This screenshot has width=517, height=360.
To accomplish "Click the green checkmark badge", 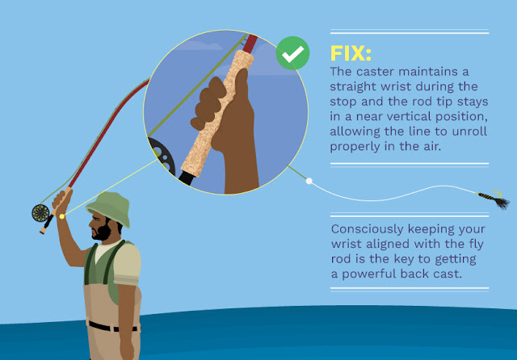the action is click(292, 53).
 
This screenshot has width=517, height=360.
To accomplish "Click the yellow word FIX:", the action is click(351, 53).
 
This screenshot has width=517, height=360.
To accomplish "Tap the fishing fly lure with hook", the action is click(494, 199).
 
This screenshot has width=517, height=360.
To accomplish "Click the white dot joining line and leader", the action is click(309, 181).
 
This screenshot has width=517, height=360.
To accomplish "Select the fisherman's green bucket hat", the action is click(109, 208).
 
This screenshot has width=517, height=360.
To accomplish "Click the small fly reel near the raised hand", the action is click(40, 213).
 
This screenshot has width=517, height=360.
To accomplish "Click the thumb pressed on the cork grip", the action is click(242, 82).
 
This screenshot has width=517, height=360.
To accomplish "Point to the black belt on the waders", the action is click(112, 327).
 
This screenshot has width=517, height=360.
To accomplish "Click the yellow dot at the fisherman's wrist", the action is click(62, 216).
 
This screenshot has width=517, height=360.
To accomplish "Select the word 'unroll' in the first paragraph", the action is click(469, 132).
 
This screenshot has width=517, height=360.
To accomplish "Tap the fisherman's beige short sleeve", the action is click(128, 264).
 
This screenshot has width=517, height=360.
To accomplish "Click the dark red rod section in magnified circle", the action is click(250, 44).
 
